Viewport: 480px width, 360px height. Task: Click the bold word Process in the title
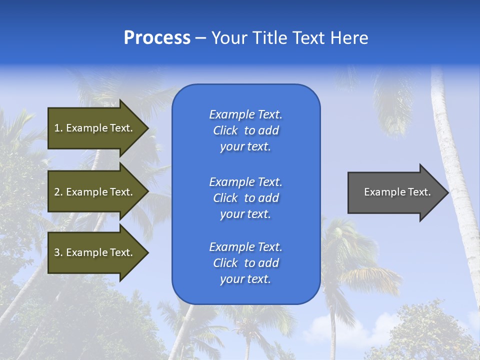(157, 37)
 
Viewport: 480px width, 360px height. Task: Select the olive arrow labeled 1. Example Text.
(95, 128)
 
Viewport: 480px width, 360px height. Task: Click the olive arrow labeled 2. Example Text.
(95, 192)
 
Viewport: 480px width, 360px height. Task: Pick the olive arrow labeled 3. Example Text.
(95, 252)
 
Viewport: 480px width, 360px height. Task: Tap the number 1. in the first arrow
(58, 128)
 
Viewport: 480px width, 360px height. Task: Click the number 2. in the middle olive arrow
(58, 192)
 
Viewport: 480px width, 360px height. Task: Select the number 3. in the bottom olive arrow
(58, 252)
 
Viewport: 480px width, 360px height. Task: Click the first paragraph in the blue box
(245, 130)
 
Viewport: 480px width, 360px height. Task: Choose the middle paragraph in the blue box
(245, 197)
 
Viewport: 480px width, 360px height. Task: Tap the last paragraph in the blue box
(245, 263)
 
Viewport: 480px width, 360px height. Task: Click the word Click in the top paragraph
(225, 130)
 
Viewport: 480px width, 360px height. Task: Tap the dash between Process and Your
(200, 37)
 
